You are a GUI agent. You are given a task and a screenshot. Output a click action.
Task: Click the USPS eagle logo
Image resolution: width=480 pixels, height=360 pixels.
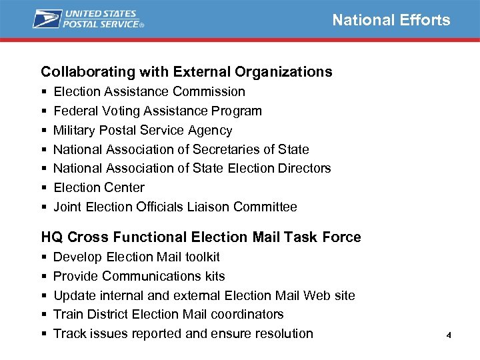point(47,19)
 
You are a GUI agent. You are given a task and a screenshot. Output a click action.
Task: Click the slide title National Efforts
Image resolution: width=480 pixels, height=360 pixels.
point(391,20)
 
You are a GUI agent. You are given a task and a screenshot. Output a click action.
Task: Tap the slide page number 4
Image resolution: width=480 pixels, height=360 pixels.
point(449,335)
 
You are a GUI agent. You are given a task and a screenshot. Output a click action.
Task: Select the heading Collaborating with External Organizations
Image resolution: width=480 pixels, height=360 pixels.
point(187,71)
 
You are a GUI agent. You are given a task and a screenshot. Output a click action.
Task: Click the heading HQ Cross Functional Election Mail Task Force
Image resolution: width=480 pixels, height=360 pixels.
point(201,237)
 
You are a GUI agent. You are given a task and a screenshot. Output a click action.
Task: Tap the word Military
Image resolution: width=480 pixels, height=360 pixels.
point(75,130)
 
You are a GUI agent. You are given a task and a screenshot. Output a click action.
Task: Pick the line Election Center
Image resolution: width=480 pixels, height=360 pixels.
point(99,187)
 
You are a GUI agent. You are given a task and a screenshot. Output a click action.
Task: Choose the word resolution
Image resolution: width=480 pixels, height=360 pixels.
point(281,333)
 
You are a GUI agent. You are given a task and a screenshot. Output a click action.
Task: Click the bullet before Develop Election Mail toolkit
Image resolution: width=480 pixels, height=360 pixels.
point(43,257)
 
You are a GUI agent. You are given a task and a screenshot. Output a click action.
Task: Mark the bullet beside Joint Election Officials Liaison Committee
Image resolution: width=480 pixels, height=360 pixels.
point(43,207)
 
